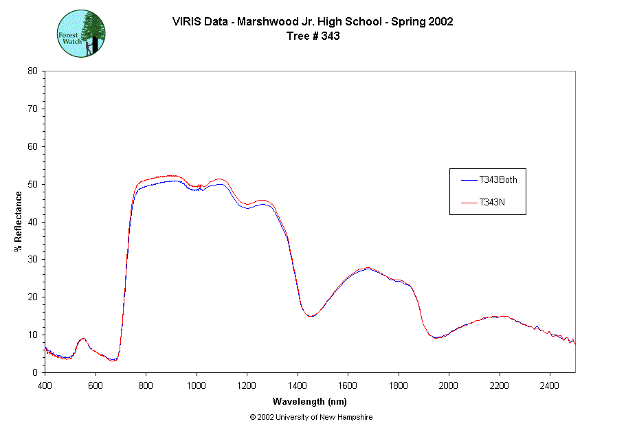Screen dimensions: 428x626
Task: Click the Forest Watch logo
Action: click(81, 33)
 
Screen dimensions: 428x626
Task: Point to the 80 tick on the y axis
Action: click(33, 71)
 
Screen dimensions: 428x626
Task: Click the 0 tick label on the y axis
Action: click(35, 372)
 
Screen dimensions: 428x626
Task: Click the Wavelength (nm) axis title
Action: click(309, 401)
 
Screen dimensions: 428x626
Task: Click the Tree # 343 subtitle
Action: click(313, 36)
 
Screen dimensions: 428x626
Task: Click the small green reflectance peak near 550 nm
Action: click(83, 339)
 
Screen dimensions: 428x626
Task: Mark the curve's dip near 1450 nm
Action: click(311, 316)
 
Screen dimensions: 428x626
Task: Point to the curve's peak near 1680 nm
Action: click(368, 268)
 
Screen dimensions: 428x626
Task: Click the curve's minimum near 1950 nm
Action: click(436, 338)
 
